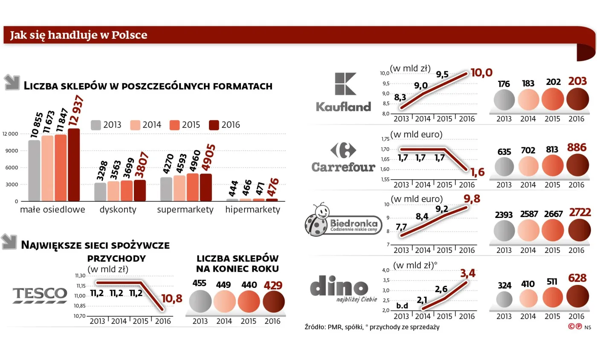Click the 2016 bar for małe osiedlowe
pyautogui.click(x=74, y=165)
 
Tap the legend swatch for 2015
pyautogui.click(x=174, y=125)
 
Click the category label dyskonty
pyautogui.click(x=118, y=210)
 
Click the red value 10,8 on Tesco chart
pyautogui.click(x=171, y=299)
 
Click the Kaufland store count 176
pyautogui.click(x=504, y=84)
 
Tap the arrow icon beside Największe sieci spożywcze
pyautogui.click(x=9, y=242)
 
